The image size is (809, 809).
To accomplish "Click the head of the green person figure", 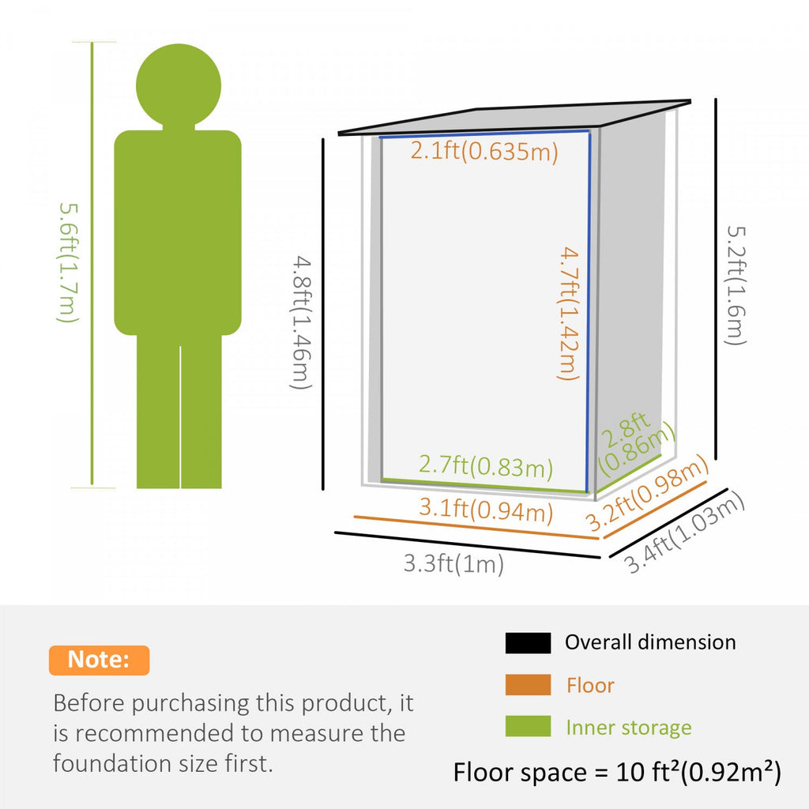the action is tap(179, 85).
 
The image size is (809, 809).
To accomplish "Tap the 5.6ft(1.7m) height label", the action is tap(69, 262).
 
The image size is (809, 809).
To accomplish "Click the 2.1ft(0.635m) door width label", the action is tap(484, 151).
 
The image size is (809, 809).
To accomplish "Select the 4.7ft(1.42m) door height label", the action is tap(569, 314).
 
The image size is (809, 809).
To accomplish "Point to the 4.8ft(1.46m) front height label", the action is tap(301, 322).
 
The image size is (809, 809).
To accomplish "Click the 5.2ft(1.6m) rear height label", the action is tap(736, 286).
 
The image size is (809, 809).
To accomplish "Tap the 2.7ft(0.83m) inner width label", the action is tap(486, 465).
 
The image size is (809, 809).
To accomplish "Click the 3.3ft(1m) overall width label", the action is tap(453, 563).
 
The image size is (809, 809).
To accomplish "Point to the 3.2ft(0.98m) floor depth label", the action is tap(647, 494).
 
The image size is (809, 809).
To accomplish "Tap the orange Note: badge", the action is tap(99, 660).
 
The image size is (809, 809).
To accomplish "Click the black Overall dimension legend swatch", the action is tap(528, 643).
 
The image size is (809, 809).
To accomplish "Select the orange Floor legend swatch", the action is tap(528, 685).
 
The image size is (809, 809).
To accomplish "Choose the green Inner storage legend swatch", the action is tap(528, 726).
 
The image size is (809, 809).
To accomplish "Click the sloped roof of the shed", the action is tap(514, 118).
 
